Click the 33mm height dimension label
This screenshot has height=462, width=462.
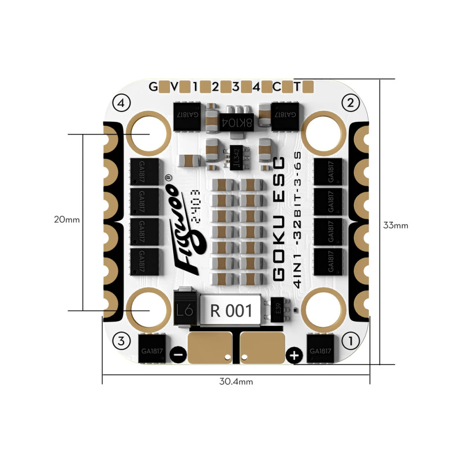click(x=395, y=225)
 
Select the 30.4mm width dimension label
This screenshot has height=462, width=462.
click(x=236, y=382)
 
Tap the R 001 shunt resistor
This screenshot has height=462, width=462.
click(x=231, y=311)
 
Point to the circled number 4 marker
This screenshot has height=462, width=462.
click(x=121, y=103)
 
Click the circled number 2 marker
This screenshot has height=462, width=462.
click(x=348, y=103)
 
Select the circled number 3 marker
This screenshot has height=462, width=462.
click(x=121, y=341)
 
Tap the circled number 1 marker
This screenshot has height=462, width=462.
click(x=348, y=341)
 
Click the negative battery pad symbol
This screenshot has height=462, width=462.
click(x=179, y=355)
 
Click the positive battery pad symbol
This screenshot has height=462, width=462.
click(x=294, y=355)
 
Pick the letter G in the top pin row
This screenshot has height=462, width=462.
click(x=153, y=87)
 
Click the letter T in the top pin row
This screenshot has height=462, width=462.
click(x=297, y=87)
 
